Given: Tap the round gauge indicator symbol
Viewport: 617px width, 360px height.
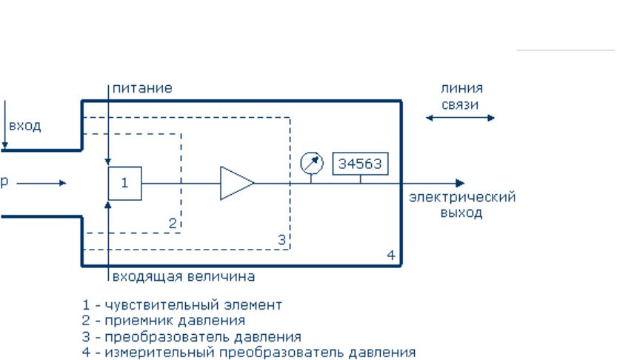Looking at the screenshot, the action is point(312,163).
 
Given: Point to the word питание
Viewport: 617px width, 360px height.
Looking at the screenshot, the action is point(142,88).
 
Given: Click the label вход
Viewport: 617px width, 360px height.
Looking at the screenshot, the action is point(24,126).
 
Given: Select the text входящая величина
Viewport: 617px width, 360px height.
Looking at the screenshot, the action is point(184,276).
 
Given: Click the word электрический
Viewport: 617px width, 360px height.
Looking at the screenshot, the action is point(462,197).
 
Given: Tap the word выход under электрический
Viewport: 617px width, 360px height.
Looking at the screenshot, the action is point(461,213).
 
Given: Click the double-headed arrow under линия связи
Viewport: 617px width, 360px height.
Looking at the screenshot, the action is point(460,118).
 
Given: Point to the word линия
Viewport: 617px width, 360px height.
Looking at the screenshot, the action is point(461,88).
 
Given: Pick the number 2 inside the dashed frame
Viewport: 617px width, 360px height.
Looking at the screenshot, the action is point(173,223).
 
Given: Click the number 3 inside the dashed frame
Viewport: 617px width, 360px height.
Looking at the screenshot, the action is point(281,239).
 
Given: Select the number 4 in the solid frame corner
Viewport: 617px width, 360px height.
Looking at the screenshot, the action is point(391,256).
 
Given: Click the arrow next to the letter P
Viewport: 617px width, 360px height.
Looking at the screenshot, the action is point(41,183).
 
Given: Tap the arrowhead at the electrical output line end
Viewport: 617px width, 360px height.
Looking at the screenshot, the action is point(460,183).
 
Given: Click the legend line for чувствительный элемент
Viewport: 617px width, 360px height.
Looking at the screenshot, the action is point(182,305).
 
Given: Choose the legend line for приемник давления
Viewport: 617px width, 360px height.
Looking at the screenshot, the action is point(164,321).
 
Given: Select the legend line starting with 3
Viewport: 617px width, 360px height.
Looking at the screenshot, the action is point(192,337).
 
